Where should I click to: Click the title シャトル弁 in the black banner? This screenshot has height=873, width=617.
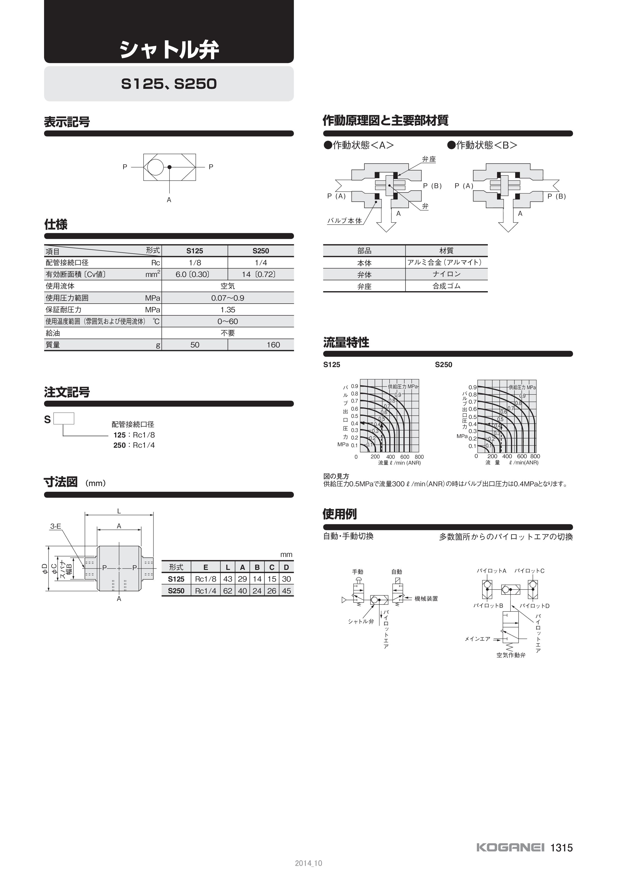[x=169, y=50]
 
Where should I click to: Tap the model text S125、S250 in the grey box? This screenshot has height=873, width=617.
[x=169, y=84]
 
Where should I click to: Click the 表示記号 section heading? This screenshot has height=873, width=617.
[x=67, y=122]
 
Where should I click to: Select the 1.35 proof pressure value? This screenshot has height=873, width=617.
[x=228, y=310]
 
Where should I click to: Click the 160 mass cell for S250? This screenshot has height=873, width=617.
[x=273, y=345]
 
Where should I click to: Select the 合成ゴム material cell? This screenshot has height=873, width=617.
[x=446, y=286]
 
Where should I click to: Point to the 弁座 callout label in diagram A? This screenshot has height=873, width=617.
[x=429, y=159]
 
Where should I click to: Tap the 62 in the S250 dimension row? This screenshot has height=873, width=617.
[x=228, y=591]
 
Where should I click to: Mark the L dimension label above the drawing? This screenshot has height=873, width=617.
[x=119, y=511]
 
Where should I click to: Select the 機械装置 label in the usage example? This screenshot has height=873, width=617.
[x=426, y=599]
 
